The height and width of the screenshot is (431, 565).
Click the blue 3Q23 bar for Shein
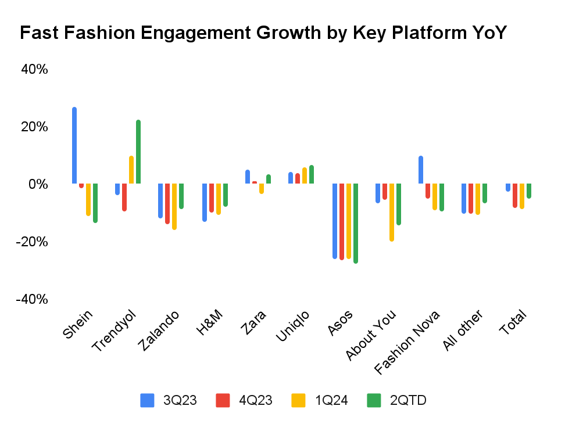(74, 146)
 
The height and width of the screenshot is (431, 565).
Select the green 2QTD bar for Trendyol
(138, 152)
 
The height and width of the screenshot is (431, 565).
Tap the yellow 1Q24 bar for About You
(392, 212)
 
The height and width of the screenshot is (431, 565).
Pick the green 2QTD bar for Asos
(356, 223)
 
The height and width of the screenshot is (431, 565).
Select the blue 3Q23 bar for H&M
(205, 202)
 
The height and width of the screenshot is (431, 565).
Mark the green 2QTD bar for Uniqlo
(312, 175)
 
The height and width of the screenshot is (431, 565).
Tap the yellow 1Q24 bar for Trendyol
(131, 170)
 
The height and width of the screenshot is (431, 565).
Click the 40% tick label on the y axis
(34, 70)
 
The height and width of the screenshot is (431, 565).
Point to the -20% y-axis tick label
(32, 242)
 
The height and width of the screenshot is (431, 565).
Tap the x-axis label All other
(463, 331)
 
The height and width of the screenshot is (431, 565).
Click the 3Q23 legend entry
(180, 400)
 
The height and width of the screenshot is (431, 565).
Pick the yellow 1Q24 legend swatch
(298, 400)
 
